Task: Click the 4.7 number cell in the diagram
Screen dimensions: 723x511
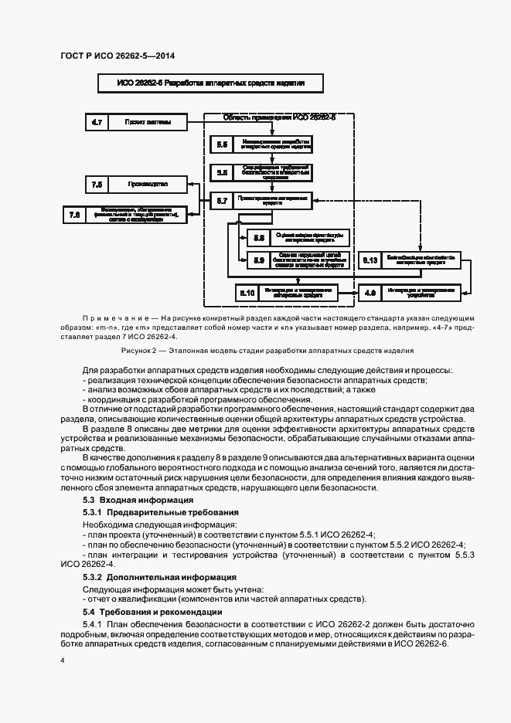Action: [97, 122]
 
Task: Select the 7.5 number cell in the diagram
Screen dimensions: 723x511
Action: [97, 184]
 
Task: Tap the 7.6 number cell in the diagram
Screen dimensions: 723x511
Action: [75, 216]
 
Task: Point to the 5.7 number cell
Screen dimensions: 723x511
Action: [221, 201]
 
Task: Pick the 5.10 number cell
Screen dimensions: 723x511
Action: [247, 292]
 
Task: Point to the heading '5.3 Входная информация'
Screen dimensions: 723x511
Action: [128, 500]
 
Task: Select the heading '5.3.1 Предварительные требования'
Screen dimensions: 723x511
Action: [148, 512]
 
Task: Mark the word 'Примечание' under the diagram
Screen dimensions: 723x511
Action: [117, 318]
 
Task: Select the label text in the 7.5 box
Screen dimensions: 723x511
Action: [148, 184]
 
